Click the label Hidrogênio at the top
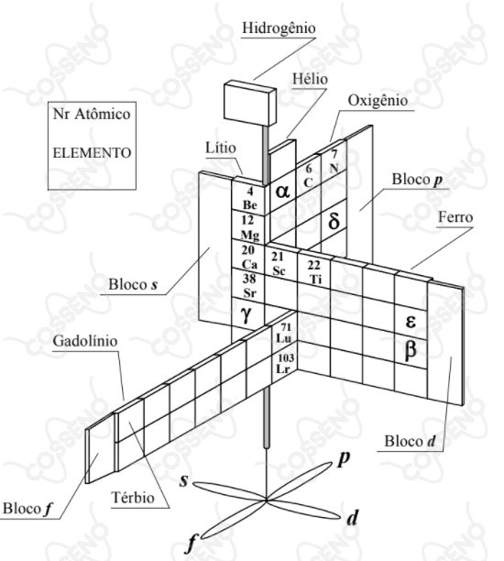(x=279, y=28)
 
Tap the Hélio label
(x=310, y=79)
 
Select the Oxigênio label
(x=378, y=101)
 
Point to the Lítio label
(x=221, y=148)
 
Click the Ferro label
(x=455, y=217)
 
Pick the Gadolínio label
(x=85, y=341)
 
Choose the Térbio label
(x=133, y=498)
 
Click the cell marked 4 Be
(x=248, y=197)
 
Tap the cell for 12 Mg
(x=248, y=227)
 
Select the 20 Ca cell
(x=248, y=257)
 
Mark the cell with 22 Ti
(x=314, y=271)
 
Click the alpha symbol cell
(x=282, y=192)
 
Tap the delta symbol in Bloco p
(x=334, y=221)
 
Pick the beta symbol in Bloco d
(x=411, y=350)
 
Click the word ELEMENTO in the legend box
(x=92, y=153)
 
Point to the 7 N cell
(x=334, y=161)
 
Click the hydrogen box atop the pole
(x=250, y=103)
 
